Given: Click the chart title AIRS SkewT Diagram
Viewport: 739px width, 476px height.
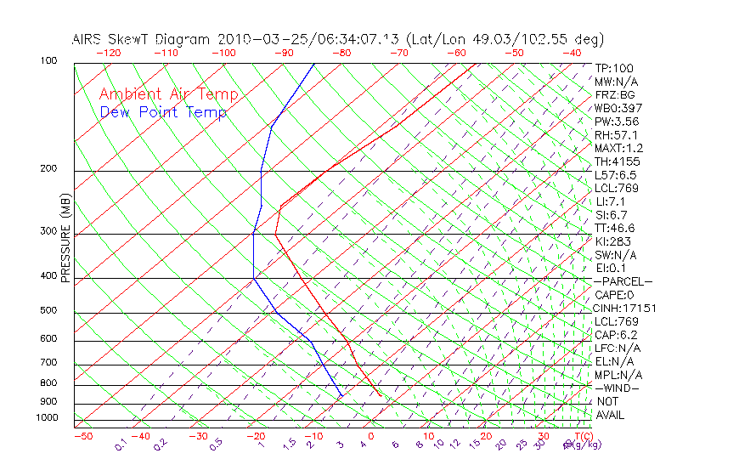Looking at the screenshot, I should (x=143, y=39).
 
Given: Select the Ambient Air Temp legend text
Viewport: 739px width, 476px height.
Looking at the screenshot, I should (x=168, y=94).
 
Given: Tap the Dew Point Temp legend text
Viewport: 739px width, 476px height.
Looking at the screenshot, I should (x=163, y=112).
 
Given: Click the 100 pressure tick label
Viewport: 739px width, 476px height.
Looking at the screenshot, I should (x=48, y=61).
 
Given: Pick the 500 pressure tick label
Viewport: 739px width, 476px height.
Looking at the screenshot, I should (x=48, y=311).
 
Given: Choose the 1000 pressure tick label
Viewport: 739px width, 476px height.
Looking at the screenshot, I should (x=46, y=417).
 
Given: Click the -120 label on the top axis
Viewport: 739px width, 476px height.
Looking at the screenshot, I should (x=108, y=52).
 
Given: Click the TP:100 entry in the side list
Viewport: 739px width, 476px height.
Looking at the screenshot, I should (x=614, y=68).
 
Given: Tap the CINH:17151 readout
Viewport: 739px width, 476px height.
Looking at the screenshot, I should (x=625, y=309).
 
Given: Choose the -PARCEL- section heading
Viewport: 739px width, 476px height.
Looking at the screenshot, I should (x=623, y=281).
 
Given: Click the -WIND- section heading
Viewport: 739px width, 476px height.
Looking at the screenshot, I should (x=617, y=388).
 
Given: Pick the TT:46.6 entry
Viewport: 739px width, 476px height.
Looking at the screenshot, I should (x=615, y=228).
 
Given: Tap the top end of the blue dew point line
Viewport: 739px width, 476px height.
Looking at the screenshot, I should (x=315, y=64).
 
